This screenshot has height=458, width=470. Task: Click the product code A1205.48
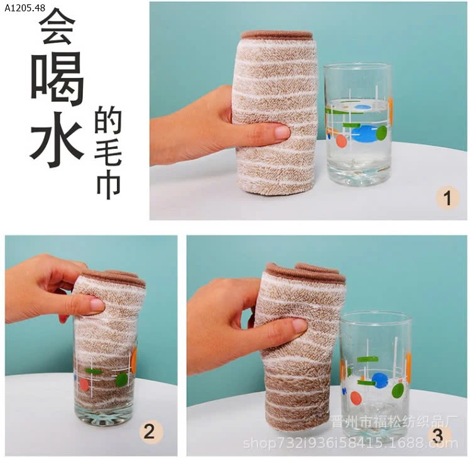pos(24,8)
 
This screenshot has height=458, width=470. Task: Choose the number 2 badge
pos(149,432)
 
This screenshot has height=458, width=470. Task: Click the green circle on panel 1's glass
pos(381,133)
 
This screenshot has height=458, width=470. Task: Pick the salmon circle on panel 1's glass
pos(341,141)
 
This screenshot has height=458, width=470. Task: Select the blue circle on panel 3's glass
pos(379,379)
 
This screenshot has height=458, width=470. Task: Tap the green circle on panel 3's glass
pos(398,391)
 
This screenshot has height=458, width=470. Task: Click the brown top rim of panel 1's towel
pos(277,35)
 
